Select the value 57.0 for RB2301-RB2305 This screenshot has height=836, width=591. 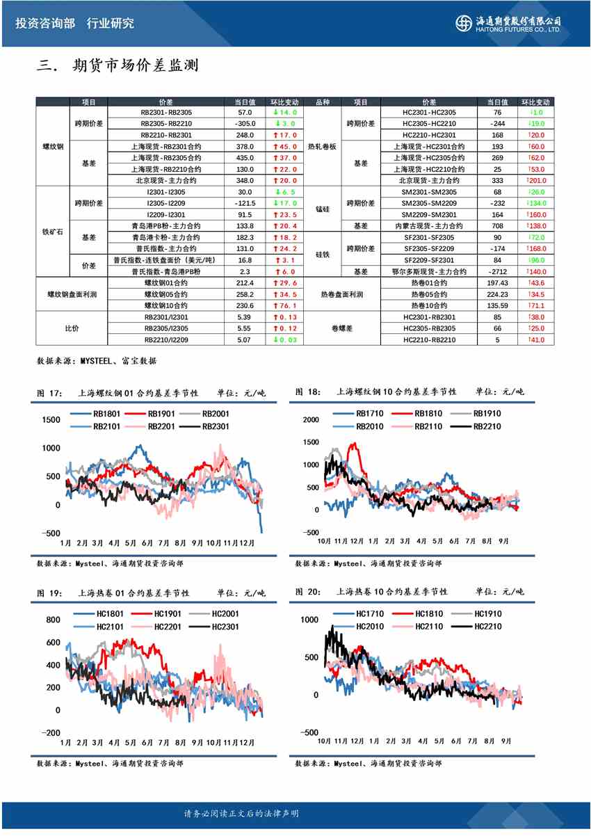pyautogui.click(x=245, y=112)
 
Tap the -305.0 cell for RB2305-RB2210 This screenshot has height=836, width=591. pyautogui.click(x=245, y=124)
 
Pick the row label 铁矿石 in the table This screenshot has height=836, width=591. pyautogui.click(x=53, y=231)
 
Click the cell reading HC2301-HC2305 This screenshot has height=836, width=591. pyautogui.click(x=429, y=112)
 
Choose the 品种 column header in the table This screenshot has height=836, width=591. pyautogui.click(x=323, y=102)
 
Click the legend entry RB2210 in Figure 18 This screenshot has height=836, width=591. pyautogui.click(x=487, y=426)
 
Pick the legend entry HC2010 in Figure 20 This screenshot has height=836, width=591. pyautogui.click(x=369, y=626)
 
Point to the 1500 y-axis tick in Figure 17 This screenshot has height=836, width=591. pyautogui.click(x=51, y=420)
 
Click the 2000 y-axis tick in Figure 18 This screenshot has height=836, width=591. pyautogui.click(x=310, y=419)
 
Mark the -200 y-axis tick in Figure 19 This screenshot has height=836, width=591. pyautogui.click(x=51, y=732)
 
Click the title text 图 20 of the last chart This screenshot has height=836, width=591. pyautogui.click(x=308, y=592)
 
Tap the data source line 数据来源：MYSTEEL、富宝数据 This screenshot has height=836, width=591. pyautogui.click(x=97, y=361)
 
